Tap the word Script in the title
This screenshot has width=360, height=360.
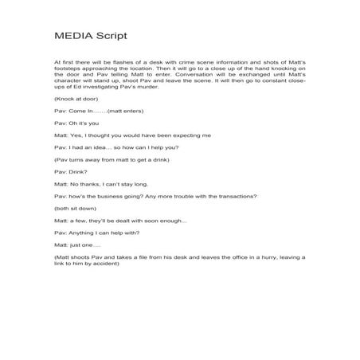(109, 37)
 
